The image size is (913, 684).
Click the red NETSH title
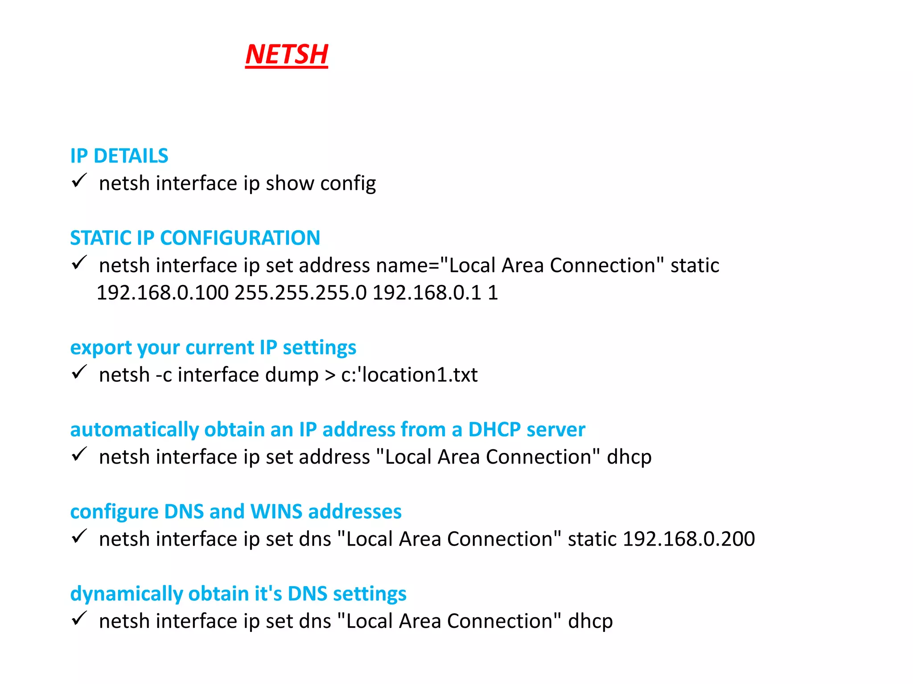[x=287, y=54]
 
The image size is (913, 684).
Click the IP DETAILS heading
[x=119, y=156]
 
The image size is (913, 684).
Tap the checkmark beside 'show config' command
[x=79, y=181]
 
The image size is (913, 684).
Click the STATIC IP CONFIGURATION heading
[x=195, y=238]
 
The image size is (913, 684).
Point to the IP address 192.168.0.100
[x=163, y=293]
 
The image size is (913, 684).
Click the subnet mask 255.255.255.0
[x=301, y=293]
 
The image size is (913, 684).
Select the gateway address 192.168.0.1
[x=427, y=293]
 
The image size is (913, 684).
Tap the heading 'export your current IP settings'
[x=213, y=347]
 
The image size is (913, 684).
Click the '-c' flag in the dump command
[x=164, y=375]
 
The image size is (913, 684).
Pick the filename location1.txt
[x=420, y=375]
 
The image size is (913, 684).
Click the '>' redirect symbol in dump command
[x=330, y=375]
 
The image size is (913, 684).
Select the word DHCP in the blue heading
[x=494, y=430]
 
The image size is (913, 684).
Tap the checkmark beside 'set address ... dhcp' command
[x=79, y=455]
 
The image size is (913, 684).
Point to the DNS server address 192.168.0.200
[x=689, y=539]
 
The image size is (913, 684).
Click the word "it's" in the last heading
[x=268, y=594]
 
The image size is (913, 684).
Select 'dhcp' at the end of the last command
[x=590, y=622]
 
